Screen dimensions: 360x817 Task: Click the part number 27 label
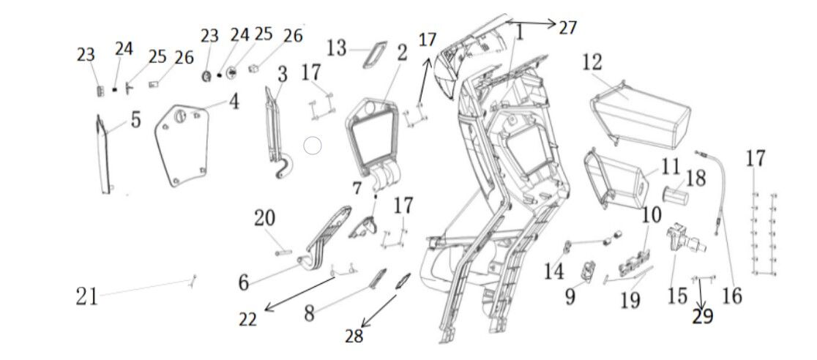(x=568, y=28)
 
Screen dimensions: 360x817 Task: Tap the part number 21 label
(x=87, y=296)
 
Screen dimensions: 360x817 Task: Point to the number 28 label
(x=354, y=336)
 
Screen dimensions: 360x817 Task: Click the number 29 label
(x=703, y=316)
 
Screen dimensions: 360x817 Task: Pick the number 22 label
(x=247, y=319)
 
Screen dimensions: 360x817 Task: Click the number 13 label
(x=337, y=49)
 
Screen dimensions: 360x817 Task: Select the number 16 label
(x=731, y=296)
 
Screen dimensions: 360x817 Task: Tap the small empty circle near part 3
(x=313, y=146)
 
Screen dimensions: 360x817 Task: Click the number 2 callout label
(x=402, y=53)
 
